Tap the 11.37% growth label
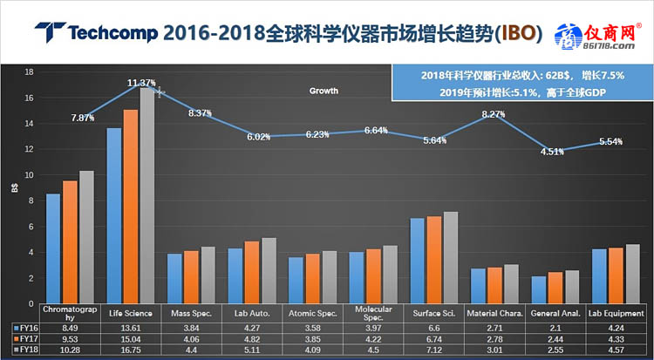point(141,83)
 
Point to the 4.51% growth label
point(552,152)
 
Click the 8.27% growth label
point(494,113)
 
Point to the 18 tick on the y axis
point(29,71)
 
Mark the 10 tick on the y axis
point(29,174)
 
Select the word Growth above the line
point(324,91)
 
